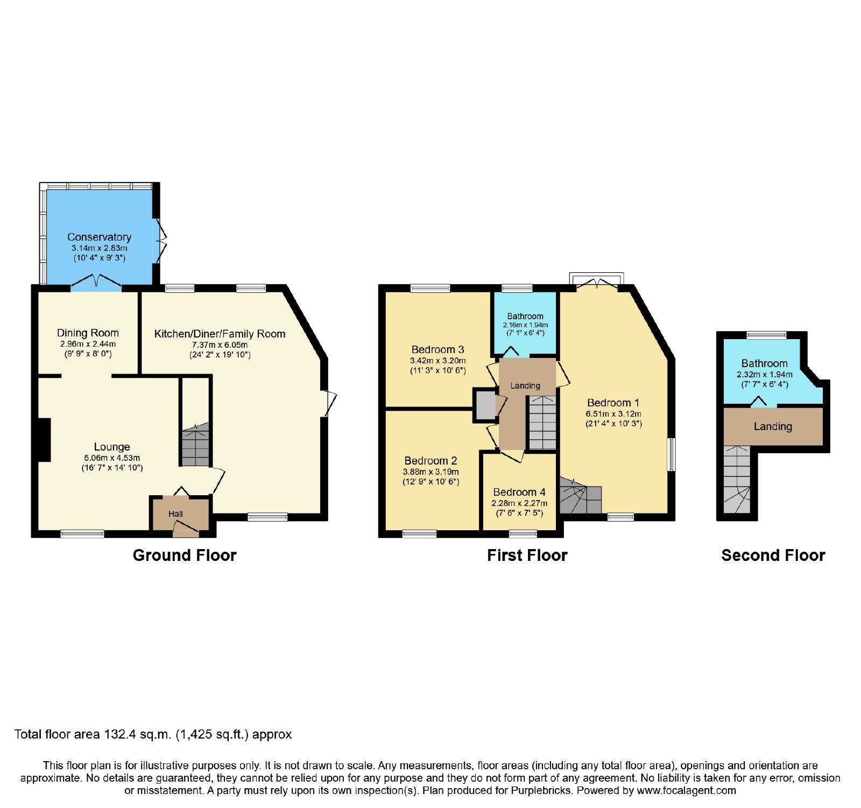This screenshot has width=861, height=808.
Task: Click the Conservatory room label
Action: [x=99, y=237]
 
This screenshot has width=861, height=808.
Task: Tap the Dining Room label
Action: [x=88, y=333]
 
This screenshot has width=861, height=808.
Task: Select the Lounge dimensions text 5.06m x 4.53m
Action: [x=112, y=458]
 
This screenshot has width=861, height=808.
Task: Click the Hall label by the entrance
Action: [x=175, y=514]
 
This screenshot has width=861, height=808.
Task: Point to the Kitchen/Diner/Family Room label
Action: [x=220, y=334]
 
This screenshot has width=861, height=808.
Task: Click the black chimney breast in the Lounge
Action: [x=44, y=440]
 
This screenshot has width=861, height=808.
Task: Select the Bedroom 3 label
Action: [x=437, y=349]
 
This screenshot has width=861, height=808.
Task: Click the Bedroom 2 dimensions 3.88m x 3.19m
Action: [x=430, y=472]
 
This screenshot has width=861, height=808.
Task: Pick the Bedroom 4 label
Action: [x=519, y=492]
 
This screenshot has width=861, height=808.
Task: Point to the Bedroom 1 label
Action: [x=613, y=403]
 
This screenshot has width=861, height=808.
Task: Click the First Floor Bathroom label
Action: [x=525, y=316]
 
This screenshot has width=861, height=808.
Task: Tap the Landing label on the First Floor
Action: [x=525, y=385]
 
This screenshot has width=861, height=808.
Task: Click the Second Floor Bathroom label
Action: [x=764, y=363]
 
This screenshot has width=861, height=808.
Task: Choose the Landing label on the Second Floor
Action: [x=773, y=426]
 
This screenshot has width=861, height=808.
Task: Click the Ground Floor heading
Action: [x=185, y=555]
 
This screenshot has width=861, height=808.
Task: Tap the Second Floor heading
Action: [x=773, y=555]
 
